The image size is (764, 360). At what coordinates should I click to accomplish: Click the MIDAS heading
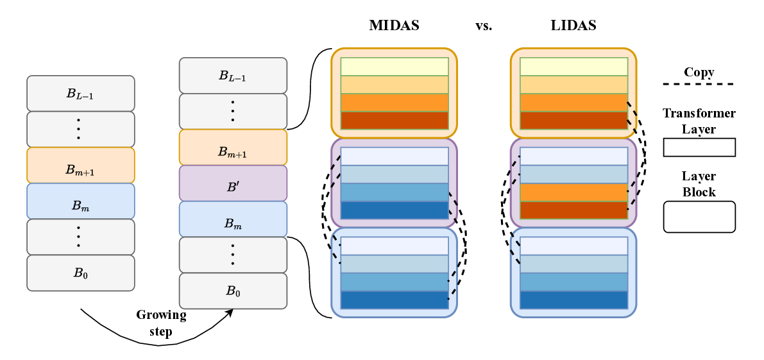(393, 26)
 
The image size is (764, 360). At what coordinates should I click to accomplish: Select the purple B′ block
(233, 183)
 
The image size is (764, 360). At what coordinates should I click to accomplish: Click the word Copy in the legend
(699, 72)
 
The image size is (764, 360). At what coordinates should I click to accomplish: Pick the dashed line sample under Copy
(699, 84)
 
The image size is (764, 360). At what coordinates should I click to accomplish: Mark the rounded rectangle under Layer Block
(699, 216)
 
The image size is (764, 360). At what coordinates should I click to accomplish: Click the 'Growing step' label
(161, 323)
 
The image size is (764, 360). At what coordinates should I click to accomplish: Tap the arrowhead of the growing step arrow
(229, 312)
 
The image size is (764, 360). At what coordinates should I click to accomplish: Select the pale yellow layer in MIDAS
(394, 67)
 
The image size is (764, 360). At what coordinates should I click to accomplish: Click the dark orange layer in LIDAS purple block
(573, 210)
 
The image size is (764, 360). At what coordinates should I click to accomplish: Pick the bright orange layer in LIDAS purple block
(573, 193)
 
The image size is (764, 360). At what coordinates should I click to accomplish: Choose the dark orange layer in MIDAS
(394, 121)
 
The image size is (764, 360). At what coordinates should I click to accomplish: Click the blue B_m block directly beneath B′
(233, 219)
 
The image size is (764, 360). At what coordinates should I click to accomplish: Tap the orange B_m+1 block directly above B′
(233, 147)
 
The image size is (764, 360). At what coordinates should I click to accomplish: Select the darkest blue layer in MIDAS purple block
(394, 210)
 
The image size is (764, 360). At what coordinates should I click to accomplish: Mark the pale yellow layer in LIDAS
(573, 67)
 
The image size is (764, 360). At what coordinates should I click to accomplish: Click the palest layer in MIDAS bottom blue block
(394, 246)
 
